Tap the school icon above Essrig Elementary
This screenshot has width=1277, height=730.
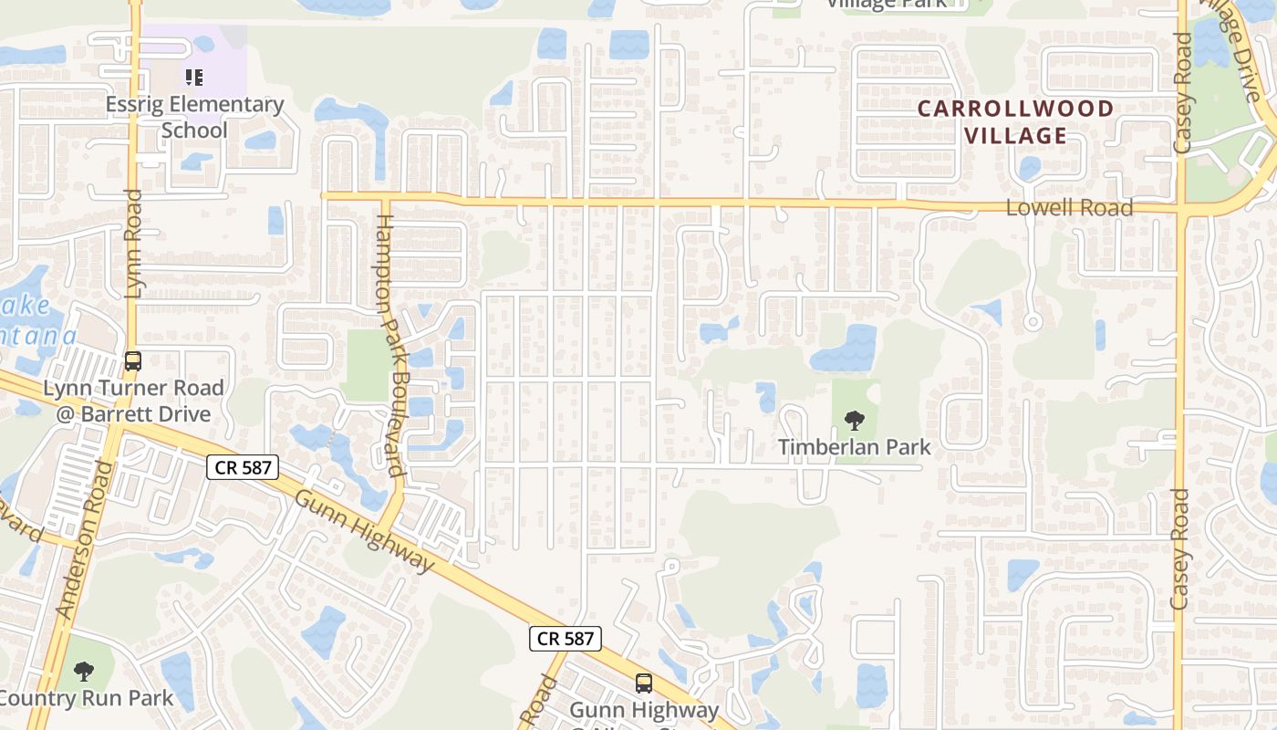click(193, 78)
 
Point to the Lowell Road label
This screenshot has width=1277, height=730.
click(1069, 208)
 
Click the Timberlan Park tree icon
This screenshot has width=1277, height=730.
click(855, 421)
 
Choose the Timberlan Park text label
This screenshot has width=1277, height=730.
click(855, 447)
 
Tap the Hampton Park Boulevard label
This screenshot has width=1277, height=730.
click(390, 345)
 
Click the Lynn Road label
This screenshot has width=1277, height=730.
click(134, 244)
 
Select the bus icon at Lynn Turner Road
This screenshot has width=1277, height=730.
click(133, 361)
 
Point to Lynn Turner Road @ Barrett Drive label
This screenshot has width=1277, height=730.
click(133, 401)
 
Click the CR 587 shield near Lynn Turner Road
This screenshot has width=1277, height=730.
click(242, 468)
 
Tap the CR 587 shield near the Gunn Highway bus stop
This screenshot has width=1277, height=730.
click(566, 639)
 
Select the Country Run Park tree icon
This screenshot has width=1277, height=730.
click(84, 673)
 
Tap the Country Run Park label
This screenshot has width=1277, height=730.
click(86, 699)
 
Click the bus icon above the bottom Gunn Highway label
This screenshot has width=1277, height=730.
click(644, 683)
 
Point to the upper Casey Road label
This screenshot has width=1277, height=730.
click(1183, 93)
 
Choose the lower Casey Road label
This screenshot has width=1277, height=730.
click(1180, 549)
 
